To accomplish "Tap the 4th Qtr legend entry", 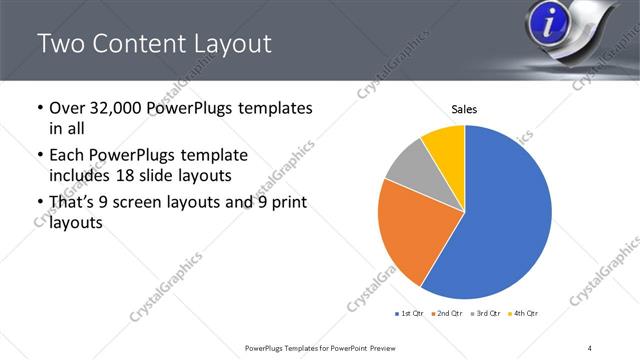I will [523, 314].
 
